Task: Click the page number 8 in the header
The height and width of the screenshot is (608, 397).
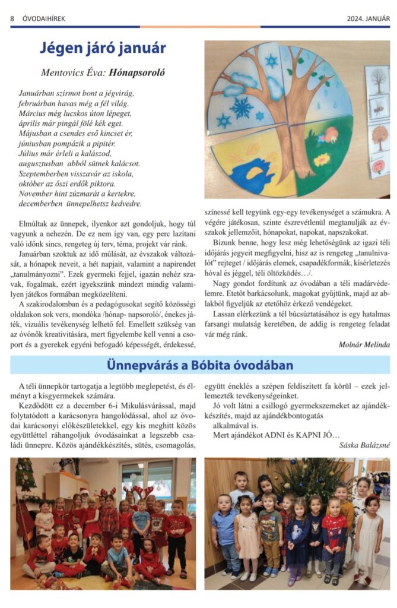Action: tap(12, 18)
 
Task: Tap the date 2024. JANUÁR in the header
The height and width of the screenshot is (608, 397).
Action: tap(369, 18)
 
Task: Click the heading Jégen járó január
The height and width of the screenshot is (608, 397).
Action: tap(103, 48)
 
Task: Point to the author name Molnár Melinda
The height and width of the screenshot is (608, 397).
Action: tap(364, 344)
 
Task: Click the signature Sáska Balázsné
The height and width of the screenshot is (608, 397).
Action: tap(365, 445)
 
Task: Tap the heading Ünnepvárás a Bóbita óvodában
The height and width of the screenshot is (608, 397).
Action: tap(200, 365)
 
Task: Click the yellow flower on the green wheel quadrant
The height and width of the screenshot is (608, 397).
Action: tap(322, 159)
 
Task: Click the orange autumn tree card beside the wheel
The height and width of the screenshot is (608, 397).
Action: tap(378, 137)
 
